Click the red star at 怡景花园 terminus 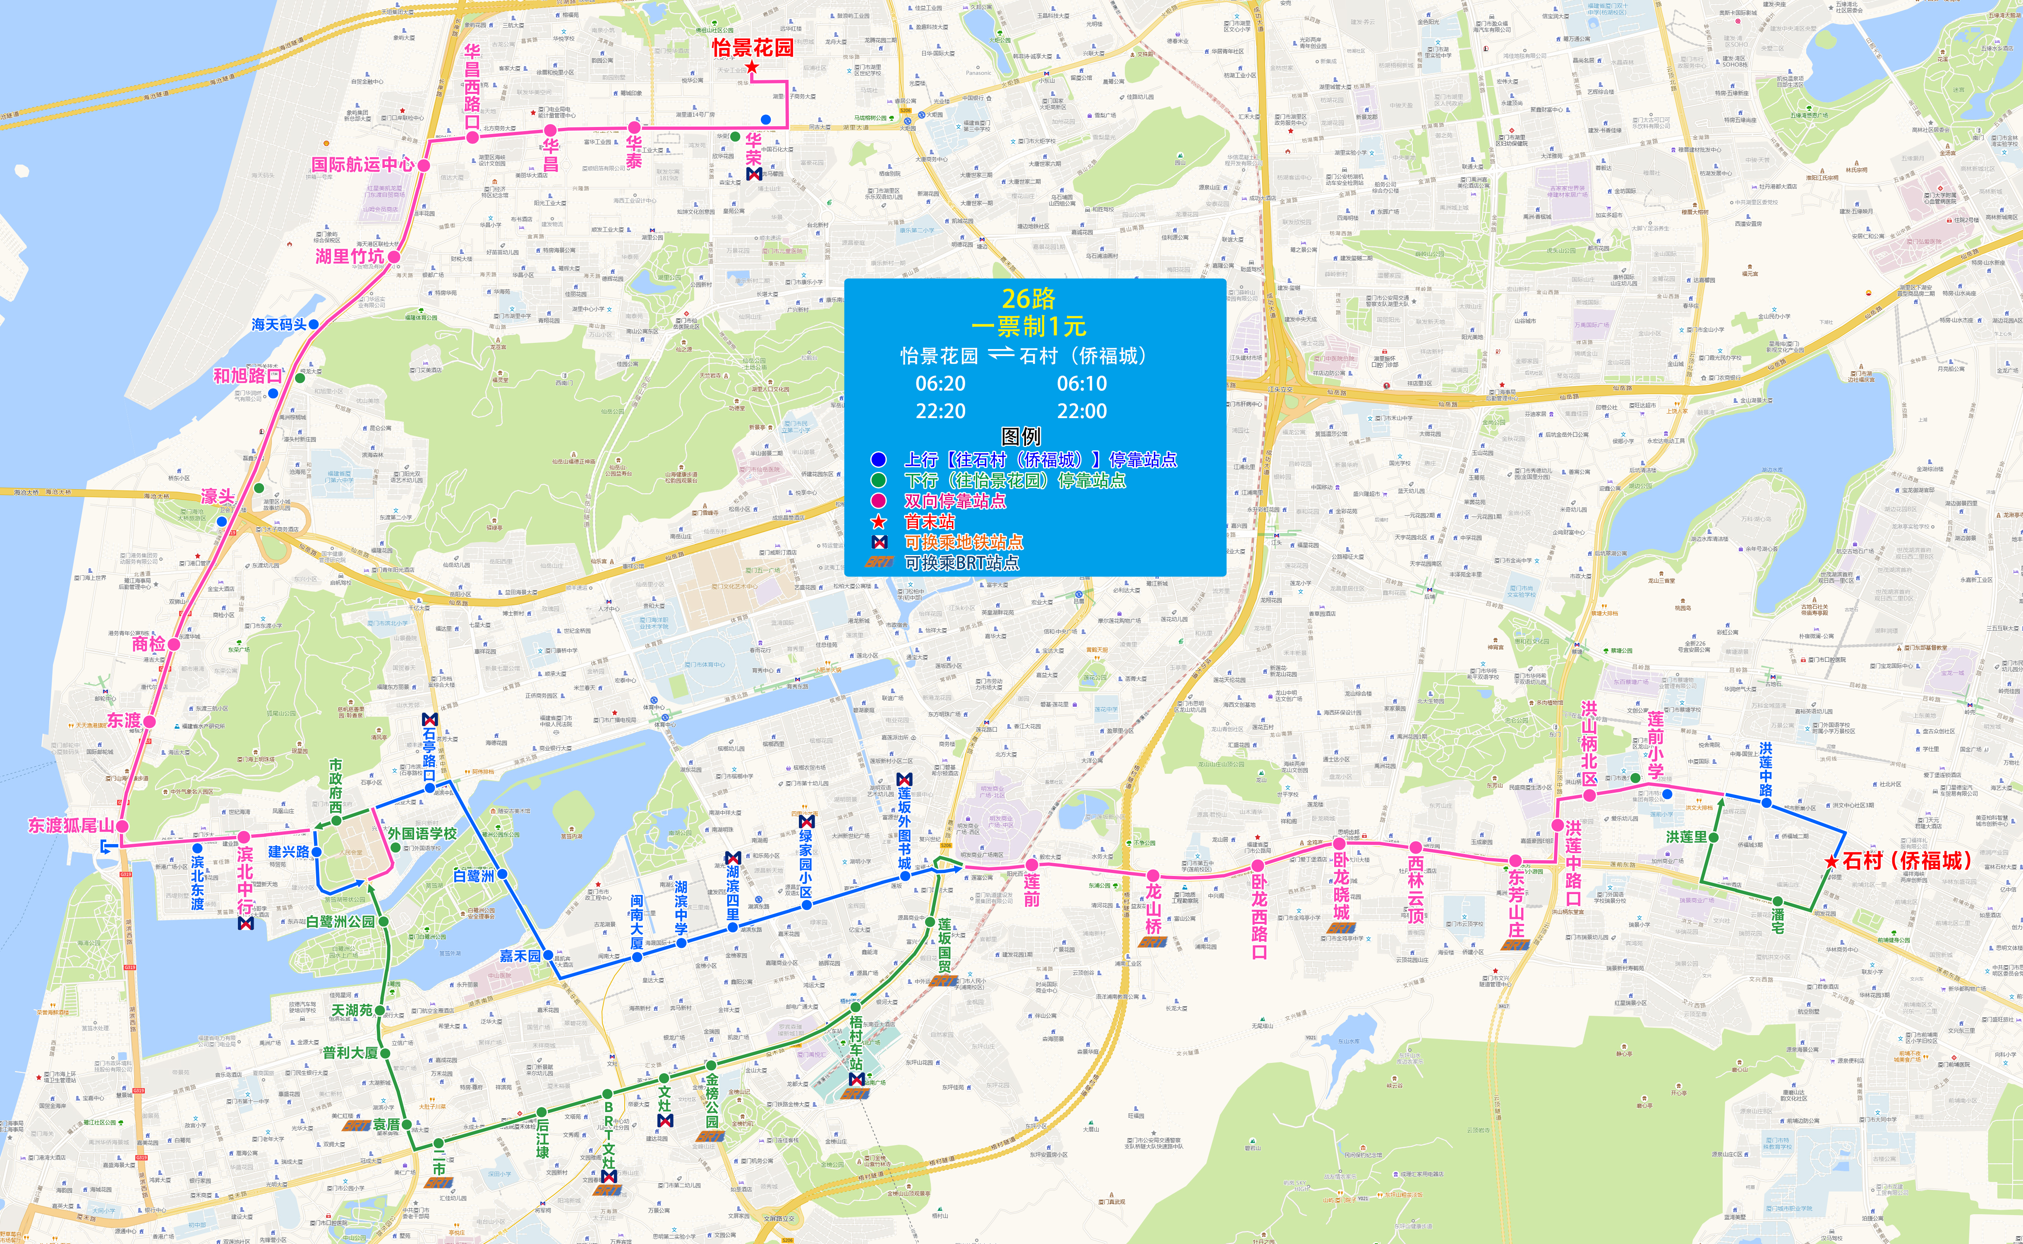(x=751, y=67)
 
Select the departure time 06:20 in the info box (x=940, y=383)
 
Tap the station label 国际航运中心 (x=363, y=165)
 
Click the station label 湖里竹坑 (x=350, y=257)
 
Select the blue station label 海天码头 (x=279, y=325)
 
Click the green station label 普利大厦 (x=350, y=1053)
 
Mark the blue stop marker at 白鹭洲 (x=502, y=874)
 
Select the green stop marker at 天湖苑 (x=380, y=1010)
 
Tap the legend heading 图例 (x=1021, y=436)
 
